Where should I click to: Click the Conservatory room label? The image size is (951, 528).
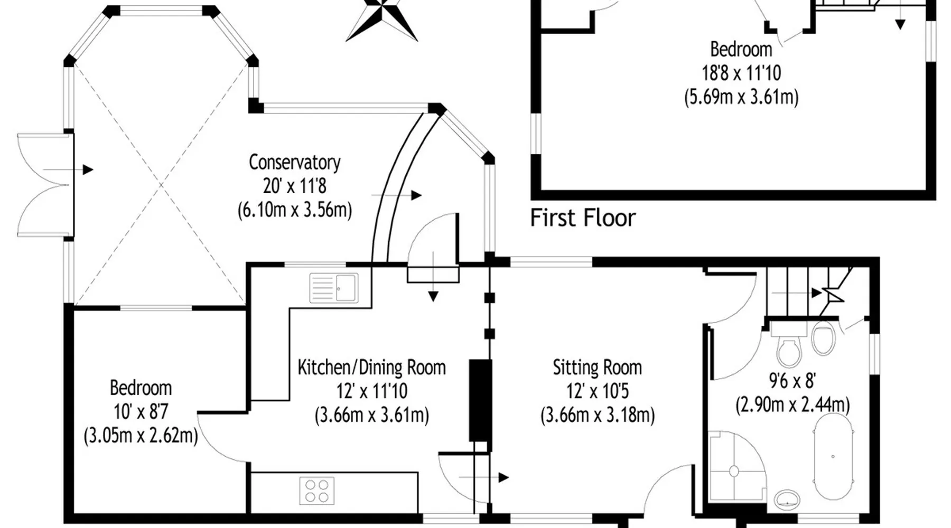(x=294, y=162)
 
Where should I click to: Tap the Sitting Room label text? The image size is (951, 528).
(x=597, y=367)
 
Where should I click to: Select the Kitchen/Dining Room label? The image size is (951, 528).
(x=371, y=367)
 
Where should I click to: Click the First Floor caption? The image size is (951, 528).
(x=583, y=218)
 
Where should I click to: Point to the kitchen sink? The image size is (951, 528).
(x=334, y=288)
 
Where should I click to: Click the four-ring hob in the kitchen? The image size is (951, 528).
(x=317, y=491)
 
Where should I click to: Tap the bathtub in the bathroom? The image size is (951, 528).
(x=833, y=457)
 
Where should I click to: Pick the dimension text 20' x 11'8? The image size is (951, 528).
(x=294, y=186)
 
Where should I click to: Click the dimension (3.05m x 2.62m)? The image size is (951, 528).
(x=141, y=436)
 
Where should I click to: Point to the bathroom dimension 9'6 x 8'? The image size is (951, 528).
(x=792, y=380)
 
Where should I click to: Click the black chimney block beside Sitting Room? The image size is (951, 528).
(x=480, y=400)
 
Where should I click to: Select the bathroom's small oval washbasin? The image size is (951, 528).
(x=787, y=498)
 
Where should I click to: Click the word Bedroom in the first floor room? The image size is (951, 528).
(x=741, y=49)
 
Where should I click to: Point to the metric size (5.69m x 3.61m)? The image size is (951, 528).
(x=741, y=97)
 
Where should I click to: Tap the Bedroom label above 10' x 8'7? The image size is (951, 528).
(x=141, y=388)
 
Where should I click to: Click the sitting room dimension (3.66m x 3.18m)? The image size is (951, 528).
(x=597, y=415)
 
